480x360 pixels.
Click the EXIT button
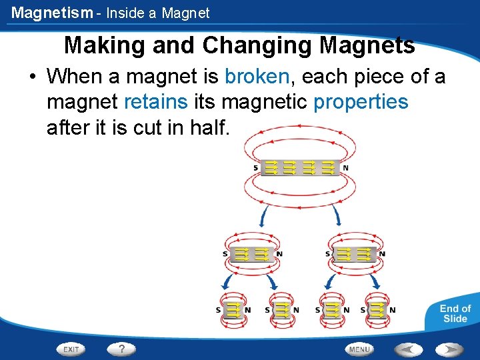pyautogui.click(x=71, y=349)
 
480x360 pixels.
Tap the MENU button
pyautogui.click(x=359, y=349)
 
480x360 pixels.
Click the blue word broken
pyautogui.click(x=257, y=77)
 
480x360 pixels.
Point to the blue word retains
pyautogui.click(x=155, y=102)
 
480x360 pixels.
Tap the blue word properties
pyautogui.click(x=360, y=102)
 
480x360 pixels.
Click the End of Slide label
pyautogui.click(x=455, y=313)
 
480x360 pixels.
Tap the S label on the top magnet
pyautogui.click(x=255, y=168)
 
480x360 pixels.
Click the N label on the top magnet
pyautogui.click(x=345, y=168)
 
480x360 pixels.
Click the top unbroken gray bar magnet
pyautogui.click(x=300, y=167)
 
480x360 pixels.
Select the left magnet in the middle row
pyautogui.click(x=251, y=253)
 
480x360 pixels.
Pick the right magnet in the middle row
pyautogui.click(x=354, y=253)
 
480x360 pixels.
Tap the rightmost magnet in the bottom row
pyautogui.click(x=378, y=309)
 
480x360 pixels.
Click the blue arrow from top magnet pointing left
pyautogui.click(x=263, y=215)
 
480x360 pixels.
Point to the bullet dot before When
pyautogui.click(x=32, y=77)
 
